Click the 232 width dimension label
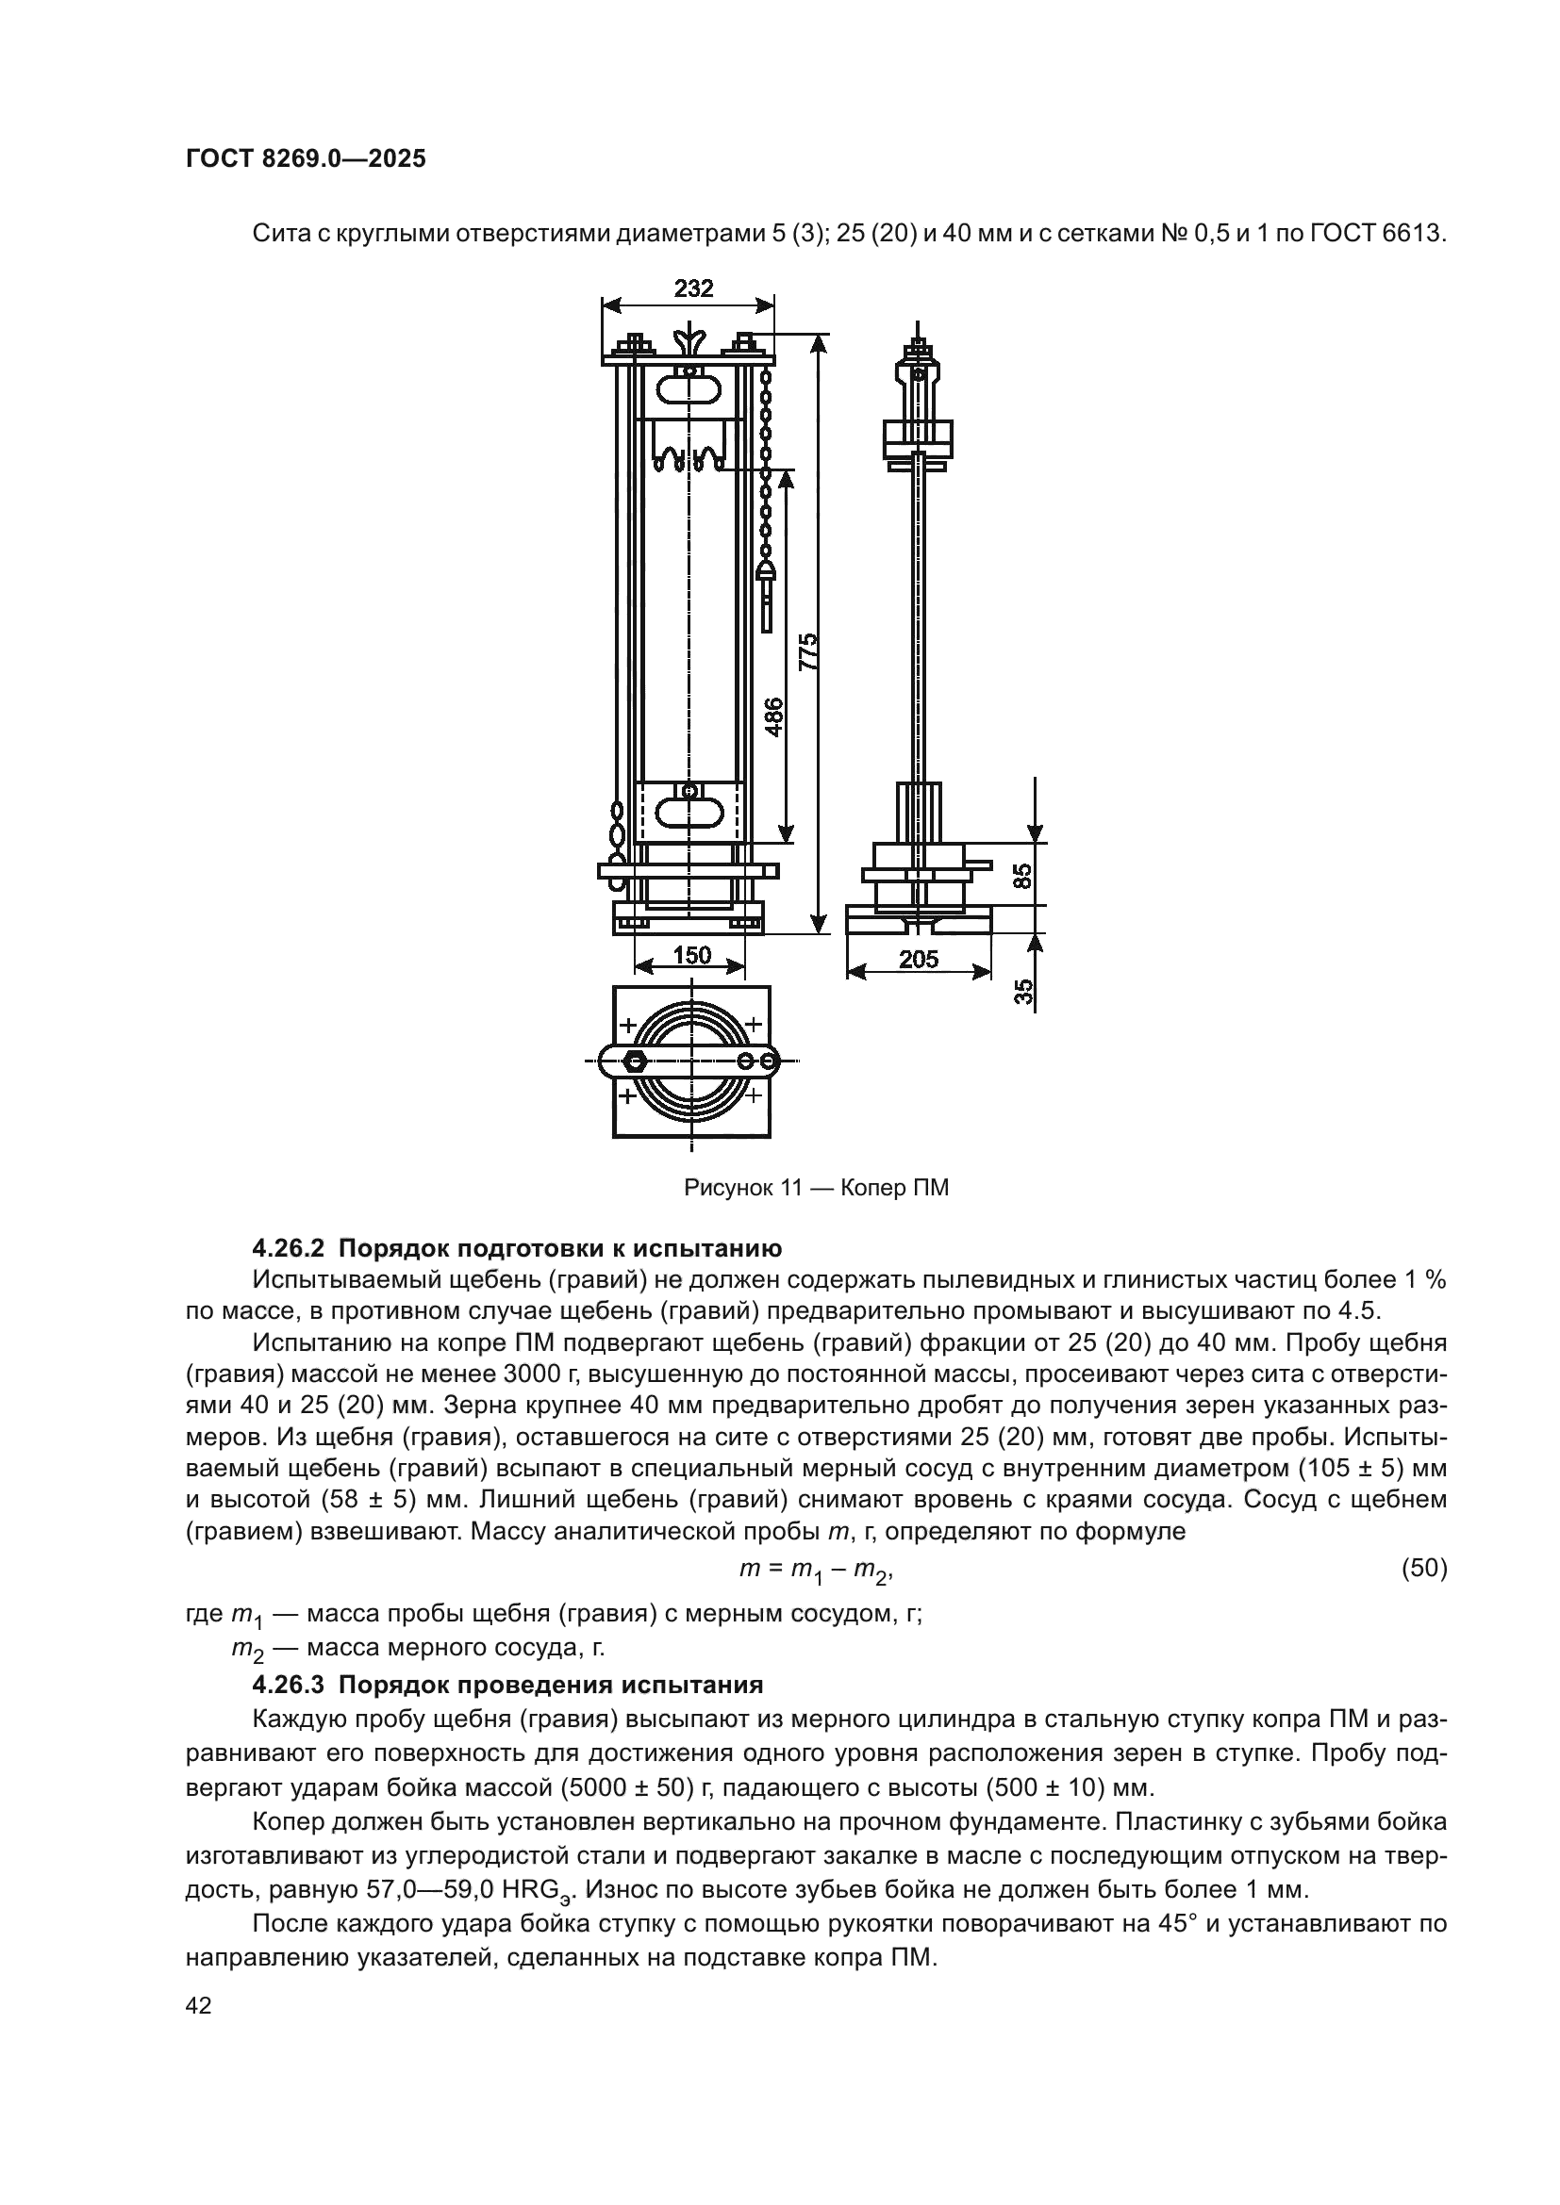(x=693, y=288)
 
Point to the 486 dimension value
(x=774, y=716)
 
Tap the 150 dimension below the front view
(x=691, y=955)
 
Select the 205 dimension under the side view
(x=919, y=959)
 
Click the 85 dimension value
(x=1024, y=875)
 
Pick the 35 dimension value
(x=1024, y=991)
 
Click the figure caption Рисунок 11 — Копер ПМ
(x=816, y=1188)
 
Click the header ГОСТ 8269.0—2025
(x=306, y=158)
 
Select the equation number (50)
(x=1423, y=1569)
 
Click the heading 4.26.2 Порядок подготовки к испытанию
(x=517, y=1248)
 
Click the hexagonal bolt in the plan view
(x=634, y=1062)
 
